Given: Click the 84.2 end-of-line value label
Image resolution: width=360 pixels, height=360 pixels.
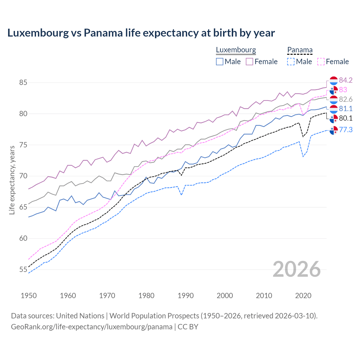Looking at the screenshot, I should click(x=345, y=80).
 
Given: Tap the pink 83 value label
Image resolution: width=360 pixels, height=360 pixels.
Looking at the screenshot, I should click(x=343, y=90).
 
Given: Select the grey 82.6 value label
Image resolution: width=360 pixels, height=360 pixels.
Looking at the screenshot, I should click(x=345, y=99).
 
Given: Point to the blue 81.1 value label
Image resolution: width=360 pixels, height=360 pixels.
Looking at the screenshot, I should click(x=345, y=109).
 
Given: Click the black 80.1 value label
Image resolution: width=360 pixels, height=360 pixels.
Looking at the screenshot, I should click(x=345, y=118).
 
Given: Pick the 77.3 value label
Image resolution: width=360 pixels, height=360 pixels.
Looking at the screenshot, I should click(x=345, y=130).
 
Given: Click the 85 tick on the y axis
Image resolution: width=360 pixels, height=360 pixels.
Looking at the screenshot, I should click(x=23, y=83).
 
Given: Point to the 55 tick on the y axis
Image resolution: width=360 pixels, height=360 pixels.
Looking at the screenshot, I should click(x=23, y=270).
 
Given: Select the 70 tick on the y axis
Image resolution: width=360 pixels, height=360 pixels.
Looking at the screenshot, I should click(x=23, y=176).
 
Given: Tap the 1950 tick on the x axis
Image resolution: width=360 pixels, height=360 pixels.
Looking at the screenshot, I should click(x=29, y=296).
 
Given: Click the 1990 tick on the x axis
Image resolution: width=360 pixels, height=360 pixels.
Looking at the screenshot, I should click(x=186, y=296).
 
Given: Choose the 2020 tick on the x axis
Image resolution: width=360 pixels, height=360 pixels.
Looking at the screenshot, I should click(x=303, y=296).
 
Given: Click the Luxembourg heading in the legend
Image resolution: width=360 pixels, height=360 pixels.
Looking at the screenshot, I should click(x=236, y=50).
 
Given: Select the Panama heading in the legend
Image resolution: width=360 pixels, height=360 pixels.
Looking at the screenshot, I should click(x=300, y=50).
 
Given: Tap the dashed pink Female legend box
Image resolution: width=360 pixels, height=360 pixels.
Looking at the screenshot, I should click(x=321, y=62).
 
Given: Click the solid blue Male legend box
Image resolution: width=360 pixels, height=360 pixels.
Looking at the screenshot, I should click(x=220, y=62).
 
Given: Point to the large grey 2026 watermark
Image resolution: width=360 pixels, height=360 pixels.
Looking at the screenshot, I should click(x=296, y=269).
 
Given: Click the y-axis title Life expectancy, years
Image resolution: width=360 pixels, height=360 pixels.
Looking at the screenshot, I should click(x=12, y=180).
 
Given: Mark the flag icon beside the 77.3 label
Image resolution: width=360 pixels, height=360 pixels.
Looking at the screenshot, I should click(x=334, y=130).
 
